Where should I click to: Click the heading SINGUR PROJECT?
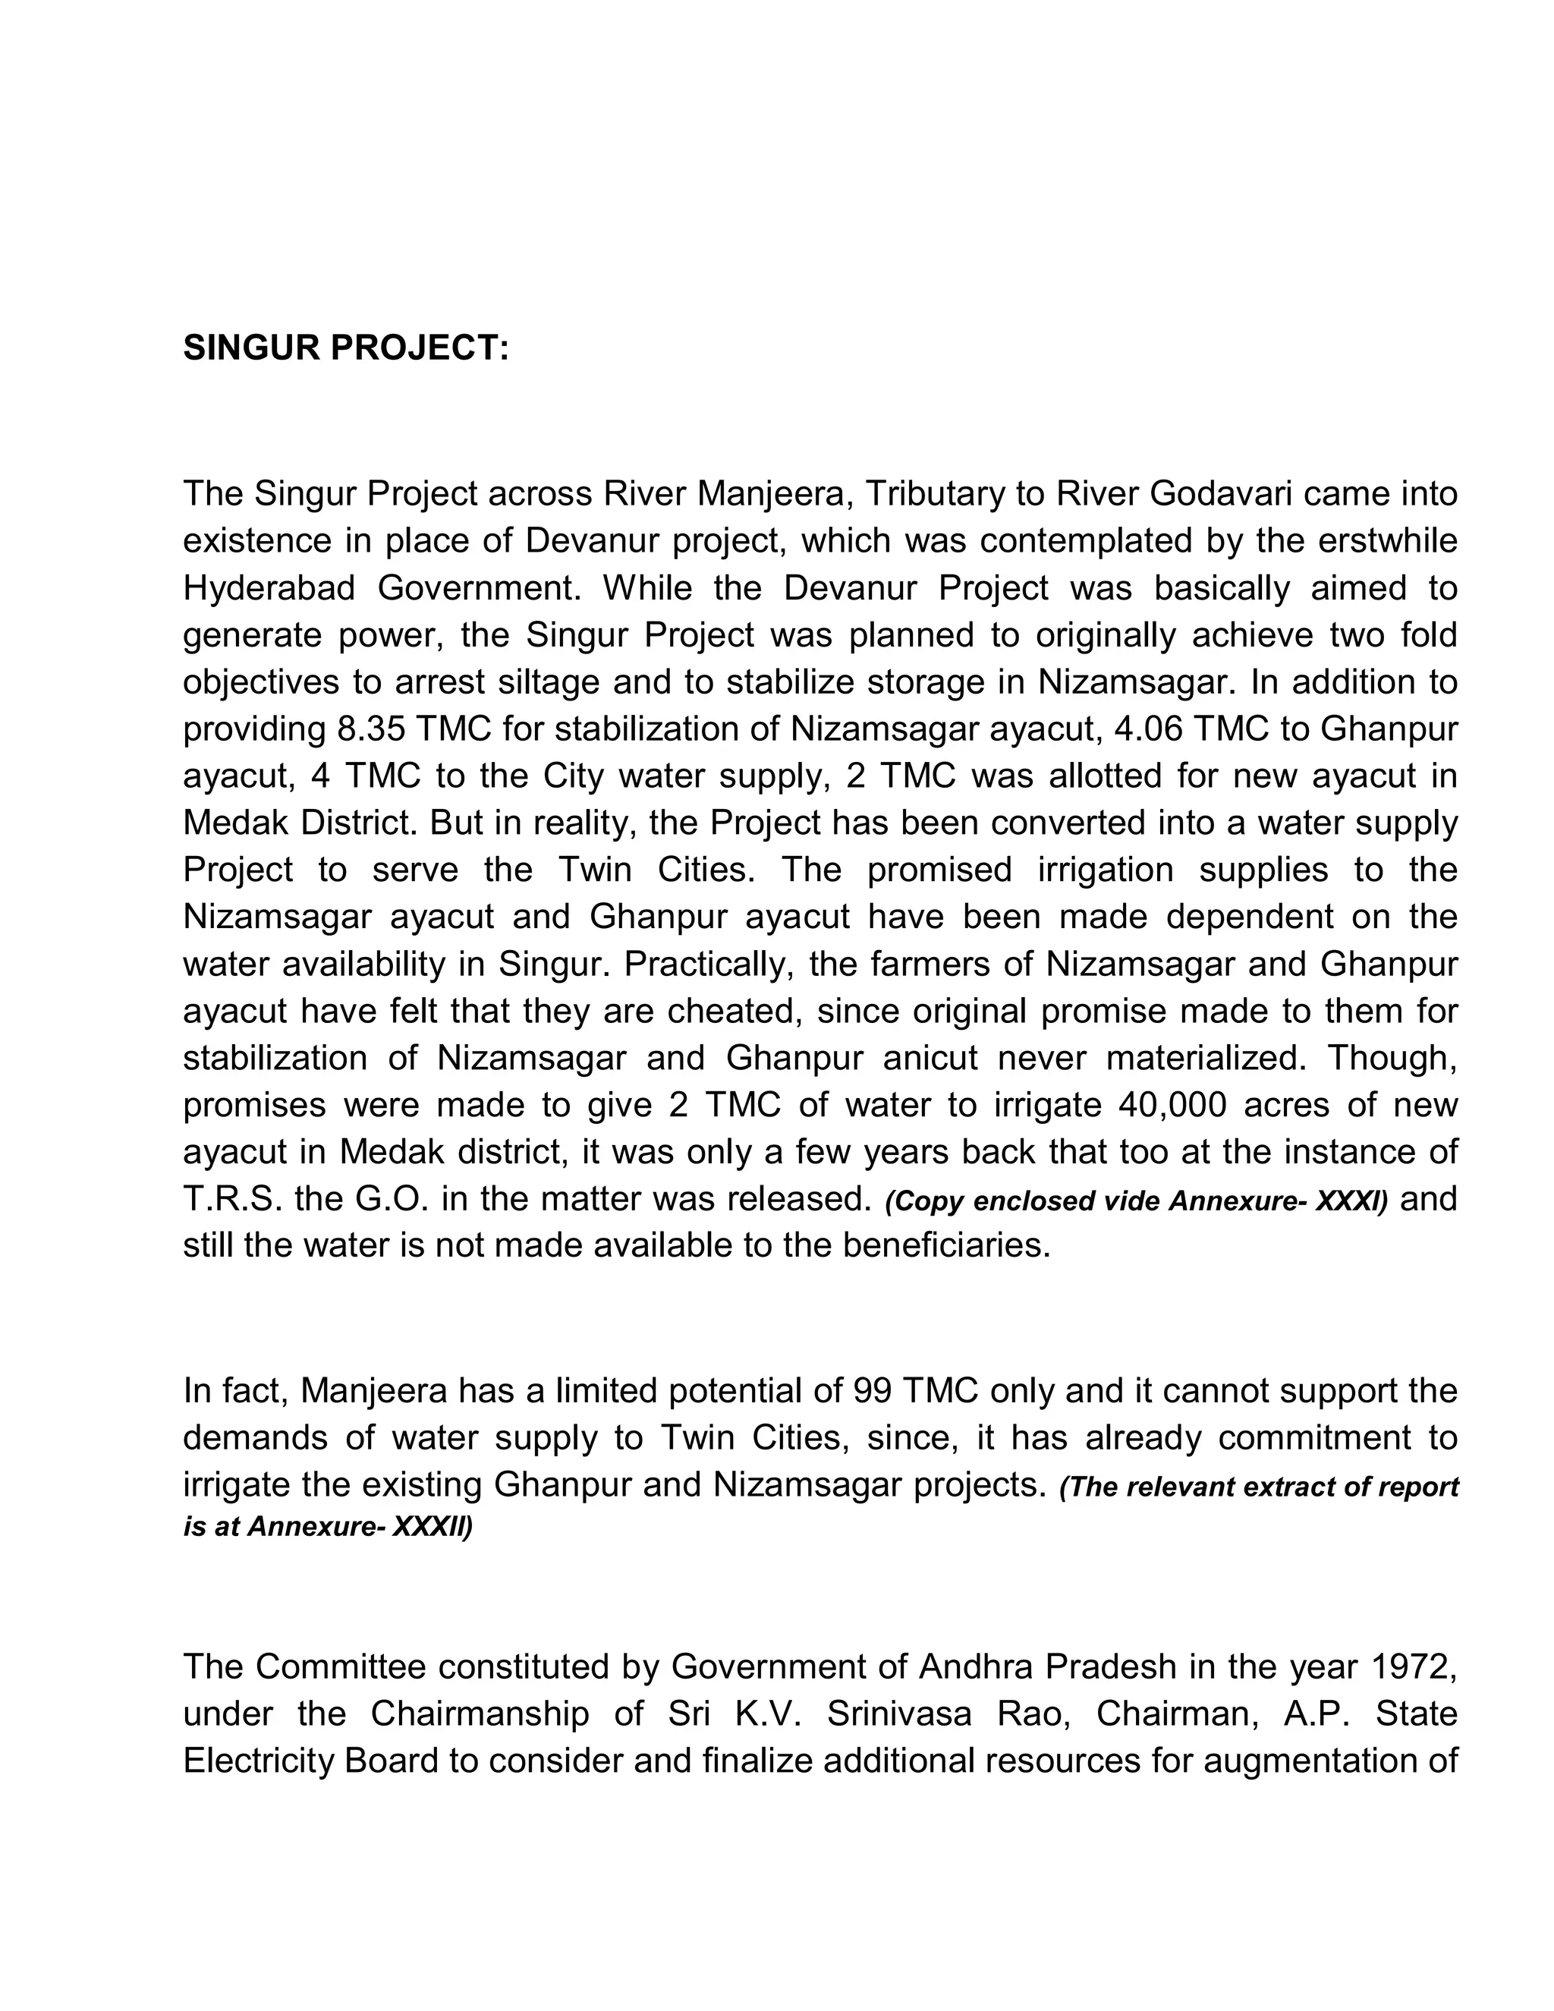click(345, 348)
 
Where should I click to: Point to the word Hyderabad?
click(269, 588)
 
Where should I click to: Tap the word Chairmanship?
click(480, 1714)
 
